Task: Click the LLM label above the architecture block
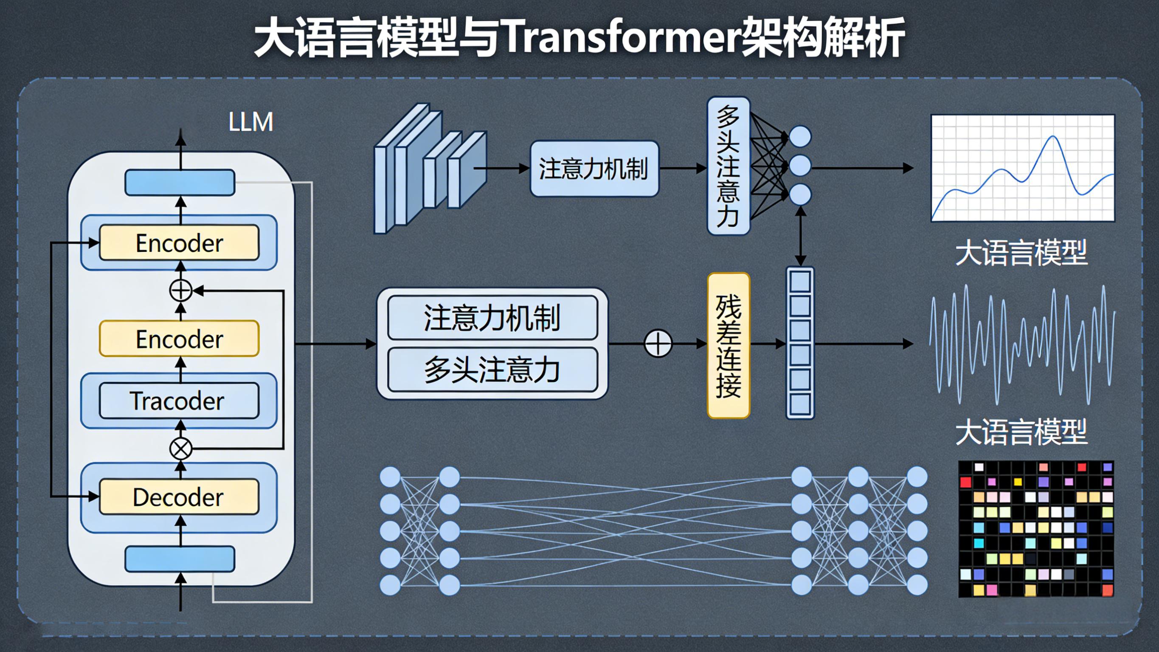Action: pyautogui.click(x=250, y=121)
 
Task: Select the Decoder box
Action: pyautogui.click(x=179, y=497)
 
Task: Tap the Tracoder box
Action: pyautogui.click(x=179, y=401)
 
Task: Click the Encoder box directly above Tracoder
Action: pyautogui.click(x=179, y=339)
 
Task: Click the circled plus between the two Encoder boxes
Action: pyautogui.click(x=181, y=291)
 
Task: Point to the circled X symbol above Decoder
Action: pyautogui.click(x=181, y=449)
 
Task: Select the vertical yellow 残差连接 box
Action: pyautogui.click(x=729, y=345)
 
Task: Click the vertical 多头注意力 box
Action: pyautogui.click(x=729, y=166)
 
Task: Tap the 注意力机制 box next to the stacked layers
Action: pyautogui.click(x=594, y=168)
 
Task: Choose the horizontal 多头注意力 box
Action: pyautogui.click(x=492, y=370)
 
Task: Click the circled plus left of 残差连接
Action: pyautogui.click(x=658, y=344)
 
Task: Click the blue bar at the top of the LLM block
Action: pyautogui.click(x=180, y=182)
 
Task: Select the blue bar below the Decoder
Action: pyautogui.click(x=180, y=559)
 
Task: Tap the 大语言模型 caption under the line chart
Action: pyautogui.click(x=1021, y=253)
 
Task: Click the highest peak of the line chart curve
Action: pyautogui.click(x=1053, y=136)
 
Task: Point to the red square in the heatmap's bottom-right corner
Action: pyautogui.click(x=1107, y=590)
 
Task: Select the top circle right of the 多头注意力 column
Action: pyautogui.click(x=800, y=136)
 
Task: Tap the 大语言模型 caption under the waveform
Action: pyautogui.click(x=1021, y=432)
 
